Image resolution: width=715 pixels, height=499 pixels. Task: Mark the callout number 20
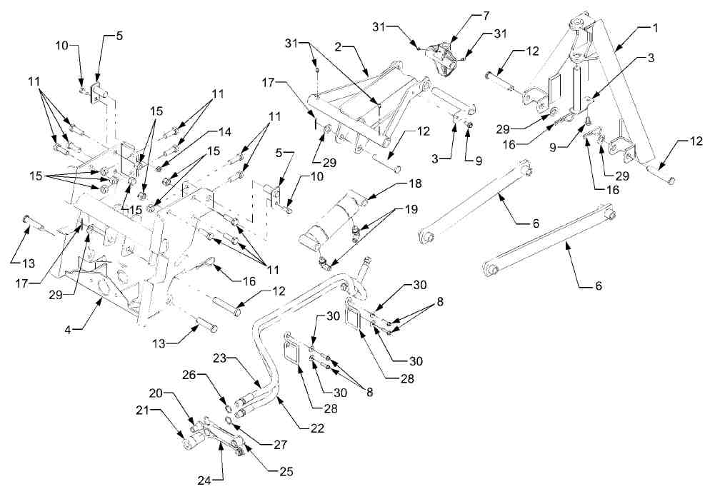(x=155, y=393)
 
